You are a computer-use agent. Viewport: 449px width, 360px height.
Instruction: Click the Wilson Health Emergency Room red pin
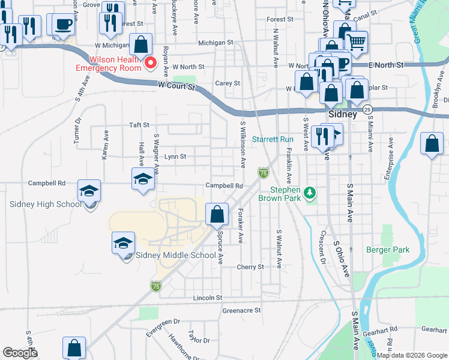pyautogui.click(x=151, y=62)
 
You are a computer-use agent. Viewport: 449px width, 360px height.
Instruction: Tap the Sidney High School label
pyautogui.click(x=46, y=204)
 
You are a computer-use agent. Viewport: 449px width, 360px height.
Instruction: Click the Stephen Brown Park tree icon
pyautogui.click(x=310, y=193)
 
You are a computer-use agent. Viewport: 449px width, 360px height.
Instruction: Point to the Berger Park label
pyautogui.click(x=388, y=250)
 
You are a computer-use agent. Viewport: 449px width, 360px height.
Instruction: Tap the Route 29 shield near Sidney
pyautogui.click(x=368, y=109)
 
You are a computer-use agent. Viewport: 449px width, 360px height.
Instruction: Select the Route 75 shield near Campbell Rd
pyautogui.click(x=263, y=173)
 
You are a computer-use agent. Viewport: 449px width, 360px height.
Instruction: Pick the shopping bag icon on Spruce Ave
pyautogui.click(x=217, y=214)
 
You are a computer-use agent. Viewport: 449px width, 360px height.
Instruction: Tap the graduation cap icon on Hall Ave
pyautogui.click(x=143, y=178)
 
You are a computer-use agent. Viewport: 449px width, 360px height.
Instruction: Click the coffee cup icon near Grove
pyautogui.click(x=62, y=25)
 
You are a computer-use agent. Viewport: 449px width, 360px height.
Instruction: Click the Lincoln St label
pyautogui.click(x=208, y=298)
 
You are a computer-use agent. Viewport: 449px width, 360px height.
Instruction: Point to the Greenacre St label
pyautogui.click(x=241, y=311)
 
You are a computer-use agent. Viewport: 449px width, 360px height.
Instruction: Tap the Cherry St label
pyautogui.click(x=250, y=267)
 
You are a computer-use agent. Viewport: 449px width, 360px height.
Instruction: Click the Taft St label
pyautogui.click(x=139, y=125)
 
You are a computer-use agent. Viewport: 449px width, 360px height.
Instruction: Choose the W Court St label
pyautogui.click(x=177, y=87)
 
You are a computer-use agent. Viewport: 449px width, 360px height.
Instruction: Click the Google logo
pyautogui.click(x=20, y=353)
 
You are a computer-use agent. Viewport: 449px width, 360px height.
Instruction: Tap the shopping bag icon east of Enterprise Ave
pyautogui.click(x=432, y=143)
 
